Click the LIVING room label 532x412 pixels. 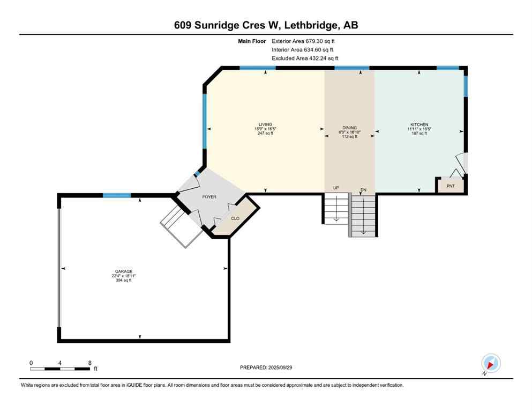point(265,124)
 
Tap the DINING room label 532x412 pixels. point(350,128)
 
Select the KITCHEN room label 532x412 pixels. point(418,124)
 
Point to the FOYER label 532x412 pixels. point(209,197)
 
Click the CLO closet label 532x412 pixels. point(235,218)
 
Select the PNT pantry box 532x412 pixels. point(450,186)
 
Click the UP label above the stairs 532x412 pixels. point(336,188)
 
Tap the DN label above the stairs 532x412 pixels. point(363,189)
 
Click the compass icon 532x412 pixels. point(491,364)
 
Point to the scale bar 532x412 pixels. point(60,369)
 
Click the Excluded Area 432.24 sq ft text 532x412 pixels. point(305,58)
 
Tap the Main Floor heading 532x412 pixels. point(252,41)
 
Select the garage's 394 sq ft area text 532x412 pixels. point(123,281)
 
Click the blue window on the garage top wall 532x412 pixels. point(117,195)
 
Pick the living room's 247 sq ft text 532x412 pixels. point(265,133)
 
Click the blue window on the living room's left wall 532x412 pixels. point(204,121)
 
